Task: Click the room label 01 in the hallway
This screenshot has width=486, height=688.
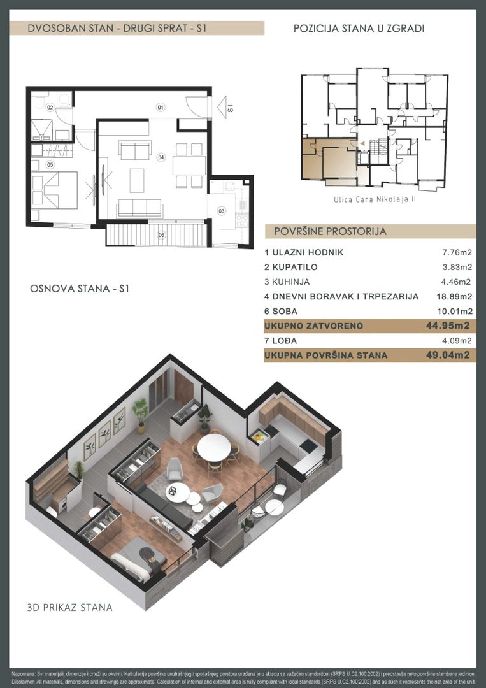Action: [161, 107]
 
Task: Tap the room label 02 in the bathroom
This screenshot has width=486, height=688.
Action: [50, 107]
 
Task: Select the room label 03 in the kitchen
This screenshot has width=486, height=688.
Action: [222, 211]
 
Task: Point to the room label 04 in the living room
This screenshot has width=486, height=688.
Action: [161, 157]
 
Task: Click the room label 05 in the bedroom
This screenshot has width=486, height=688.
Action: [50, 165]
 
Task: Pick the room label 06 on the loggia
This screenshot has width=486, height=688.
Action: [161, 235]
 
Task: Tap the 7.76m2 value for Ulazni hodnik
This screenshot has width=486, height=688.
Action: [457, 252]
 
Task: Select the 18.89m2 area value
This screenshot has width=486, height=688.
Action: [454, 297]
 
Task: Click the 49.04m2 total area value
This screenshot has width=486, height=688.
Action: [448, 355]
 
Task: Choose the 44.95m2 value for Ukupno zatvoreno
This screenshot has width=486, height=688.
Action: [448, 326]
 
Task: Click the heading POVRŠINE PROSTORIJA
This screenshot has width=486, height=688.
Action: [331, 231]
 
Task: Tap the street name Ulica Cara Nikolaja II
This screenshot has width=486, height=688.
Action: [375, 199]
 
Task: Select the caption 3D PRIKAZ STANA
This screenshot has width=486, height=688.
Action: [69, 607]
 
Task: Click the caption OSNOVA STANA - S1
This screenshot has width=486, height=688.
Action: [80, 289]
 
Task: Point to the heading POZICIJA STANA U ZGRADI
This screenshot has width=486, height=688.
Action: [359, 29]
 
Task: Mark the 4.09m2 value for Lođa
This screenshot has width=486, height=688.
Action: [457, 340]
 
